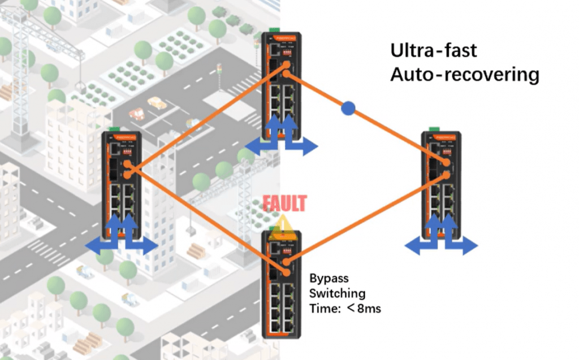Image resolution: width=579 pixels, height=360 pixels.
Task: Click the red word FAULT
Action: [285, 203]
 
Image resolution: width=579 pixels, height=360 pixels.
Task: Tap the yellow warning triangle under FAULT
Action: [282, 227]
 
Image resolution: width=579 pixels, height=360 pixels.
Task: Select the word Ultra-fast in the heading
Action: [434, 51]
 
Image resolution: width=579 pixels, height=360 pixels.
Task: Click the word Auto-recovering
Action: [464, 75]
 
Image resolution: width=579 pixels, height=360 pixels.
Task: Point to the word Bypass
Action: [329, 279]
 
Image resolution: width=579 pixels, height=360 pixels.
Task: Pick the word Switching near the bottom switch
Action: [337, 293]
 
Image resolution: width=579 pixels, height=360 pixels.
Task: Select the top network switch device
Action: [282, 85]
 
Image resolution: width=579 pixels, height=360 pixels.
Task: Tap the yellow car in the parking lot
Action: [157, 103]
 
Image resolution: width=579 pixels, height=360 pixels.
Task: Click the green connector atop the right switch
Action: [434, 129]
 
